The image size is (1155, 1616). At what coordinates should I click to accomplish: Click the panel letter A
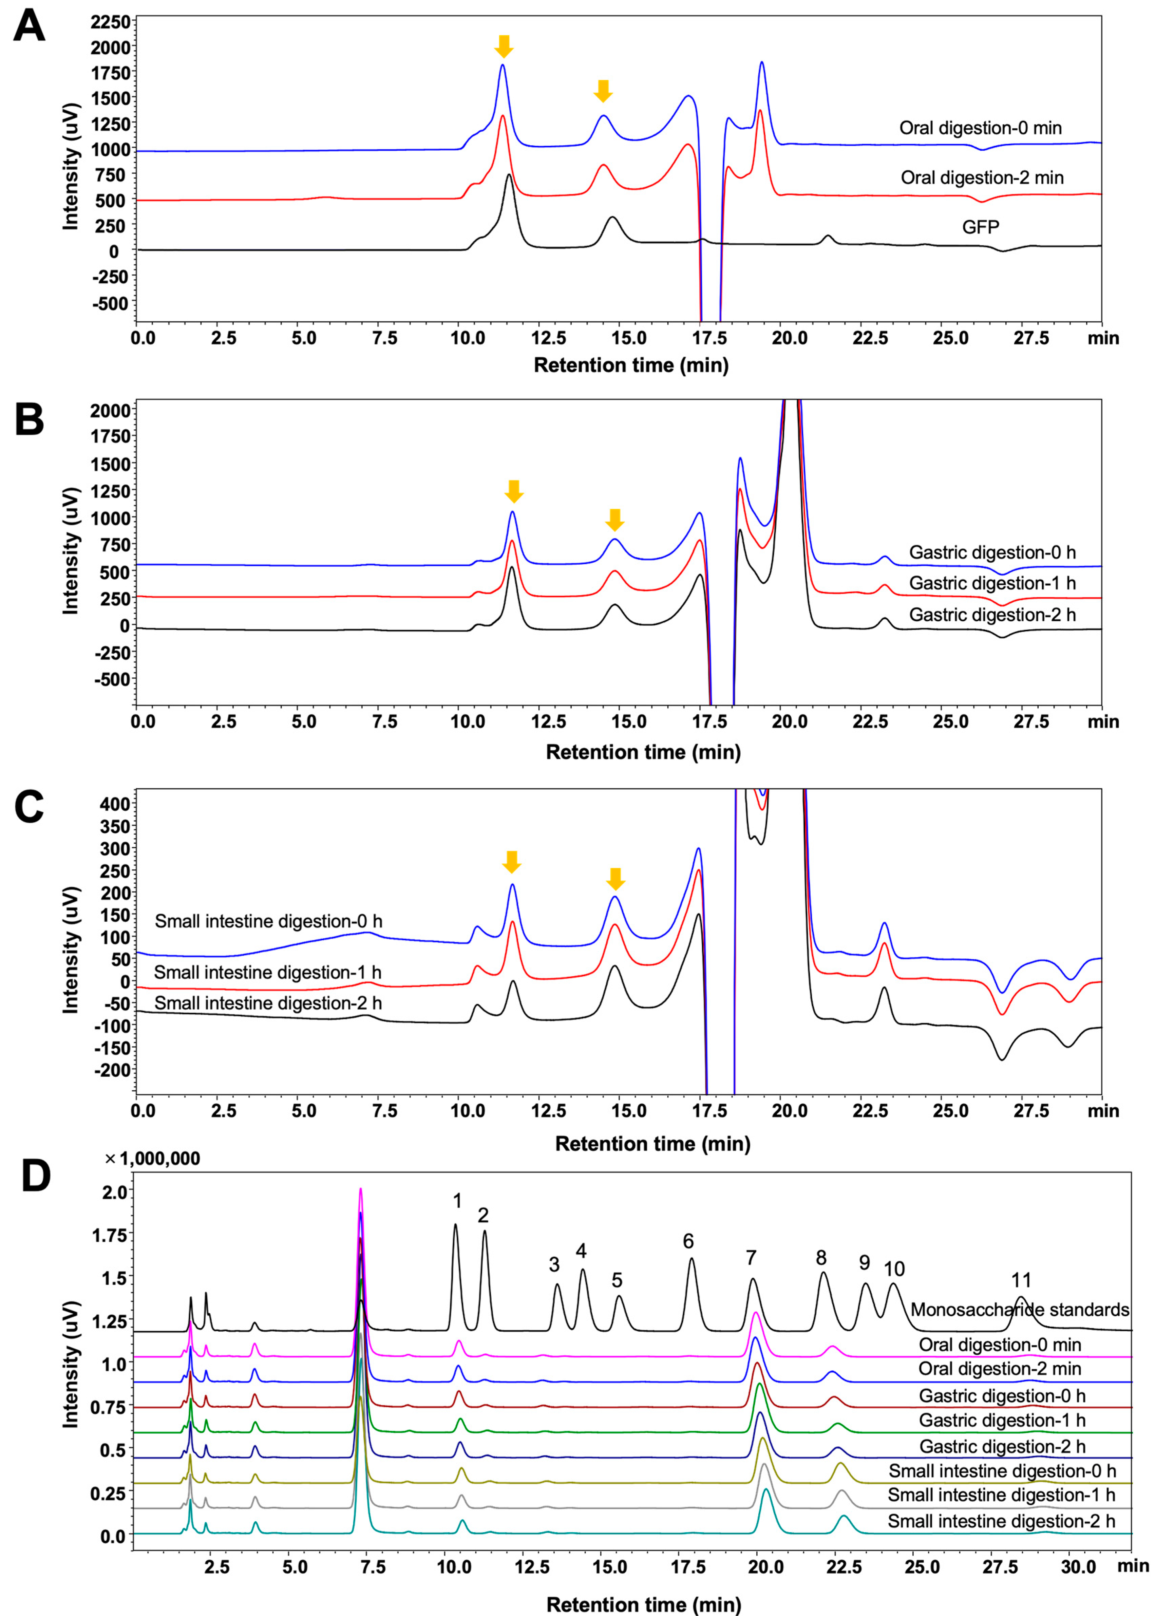click(x=29, y=29)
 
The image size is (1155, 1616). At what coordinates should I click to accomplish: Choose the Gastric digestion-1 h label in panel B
click(x=992, y=583)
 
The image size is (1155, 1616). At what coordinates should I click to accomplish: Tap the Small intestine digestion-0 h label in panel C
click(x=268, y=921)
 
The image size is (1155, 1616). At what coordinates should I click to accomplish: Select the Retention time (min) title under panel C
click(x=652, y=1144)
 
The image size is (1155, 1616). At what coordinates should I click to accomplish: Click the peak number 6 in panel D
click(x=688, y=1241)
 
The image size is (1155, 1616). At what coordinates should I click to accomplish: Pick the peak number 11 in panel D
click(x=1021, y=1280)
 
